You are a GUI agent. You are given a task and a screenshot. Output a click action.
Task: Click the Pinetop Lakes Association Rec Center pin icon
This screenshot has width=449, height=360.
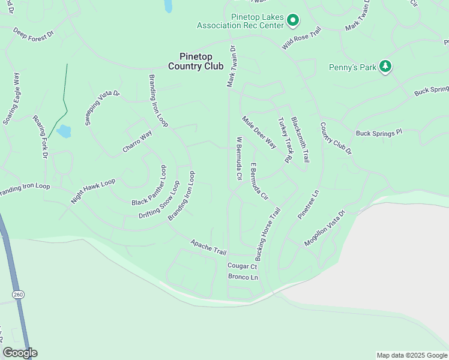pos(293,21)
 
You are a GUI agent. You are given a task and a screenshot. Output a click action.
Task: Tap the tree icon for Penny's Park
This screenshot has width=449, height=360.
pos(385,67)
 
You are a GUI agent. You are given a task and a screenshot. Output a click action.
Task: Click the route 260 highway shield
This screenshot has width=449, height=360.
pos(17,293)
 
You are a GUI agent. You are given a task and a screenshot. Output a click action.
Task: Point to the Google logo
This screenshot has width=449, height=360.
pos(20,353)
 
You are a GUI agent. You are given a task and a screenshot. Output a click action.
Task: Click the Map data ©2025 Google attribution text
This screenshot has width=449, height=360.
pos(411,355)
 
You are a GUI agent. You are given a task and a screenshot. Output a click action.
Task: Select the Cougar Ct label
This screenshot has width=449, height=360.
pos(242,266)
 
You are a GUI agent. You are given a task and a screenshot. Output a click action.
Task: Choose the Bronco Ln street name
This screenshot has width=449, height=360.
pos(243,277)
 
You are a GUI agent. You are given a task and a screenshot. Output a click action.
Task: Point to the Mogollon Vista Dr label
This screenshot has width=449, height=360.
pos(325,229)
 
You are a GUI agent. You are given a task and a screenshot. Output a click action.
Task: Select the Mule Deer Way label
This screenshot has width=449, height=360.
pos(259,132)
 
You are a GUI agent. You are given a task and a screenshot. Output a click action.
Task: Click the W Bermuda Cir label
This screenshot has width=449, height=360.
pos(238,159)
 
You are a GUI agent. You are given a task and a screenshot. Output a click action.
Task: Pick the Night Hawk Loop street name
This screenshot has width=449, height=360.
pos(92,191)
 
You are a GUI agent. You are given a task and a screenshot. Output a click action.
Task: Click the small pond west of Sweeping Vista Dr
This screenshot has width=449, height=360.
pos(63,131)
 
